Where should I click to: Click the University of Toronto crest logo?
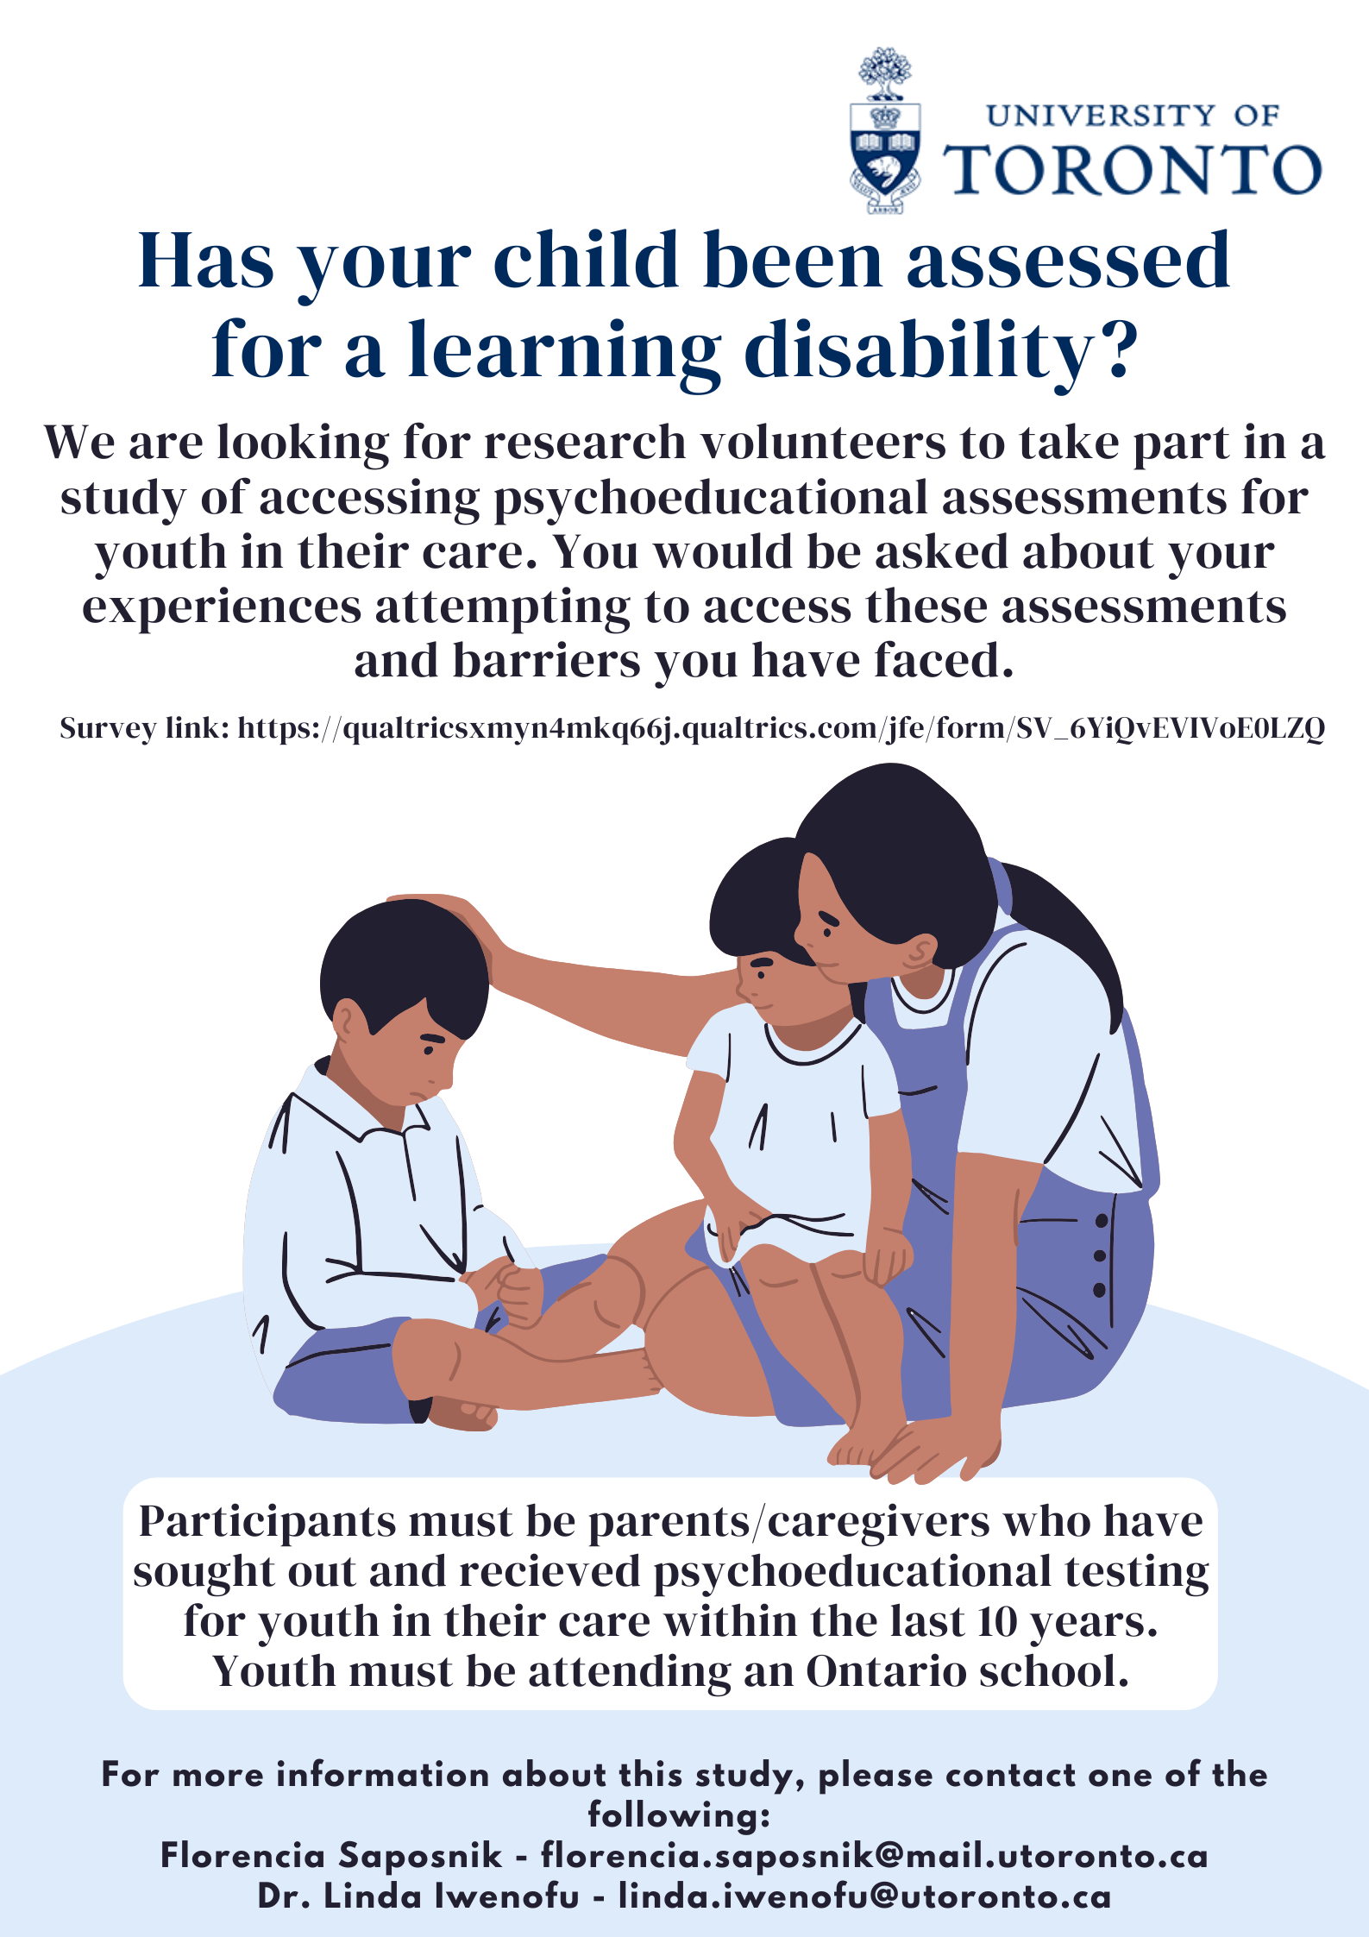tap(885, 130)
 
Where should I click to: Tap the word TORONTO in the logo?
tap(1132, 169)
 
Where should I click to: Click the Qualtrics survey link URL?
tap(781, 729)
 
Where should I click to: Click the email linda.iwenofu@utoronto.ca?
tap(864, 1896)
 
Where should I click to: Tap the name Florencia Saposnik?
tap(331, 1855)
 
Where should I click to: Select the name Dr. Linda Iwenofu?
tap(418, 1896)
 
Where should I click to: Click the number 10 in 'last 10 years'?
tap(998, 1623)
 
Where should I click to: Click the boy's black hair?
tap(404, 966)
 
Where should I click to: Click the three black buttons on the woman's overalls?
tap(1100, 1255)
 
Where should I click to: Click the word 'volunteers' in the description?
tap(822, 443)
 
